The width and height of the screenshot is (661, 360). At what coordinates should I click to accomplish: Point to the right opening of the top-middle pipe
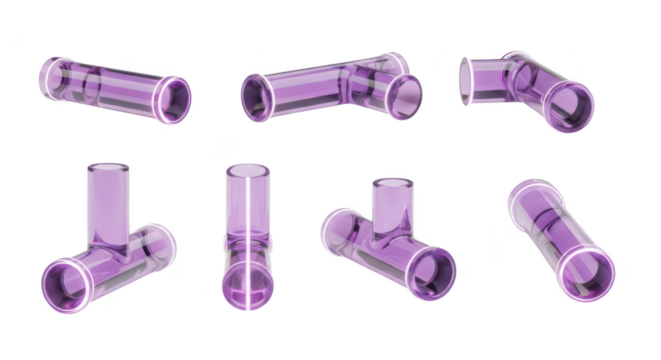click(406, 96)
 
